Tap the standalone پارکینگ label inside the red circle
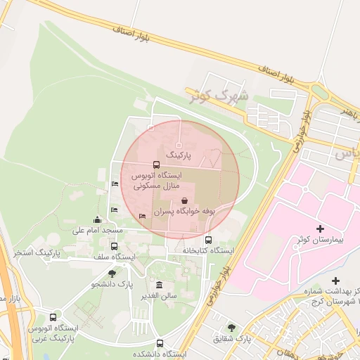click(178, 153)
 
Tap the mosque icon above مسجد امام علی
click(97, 220)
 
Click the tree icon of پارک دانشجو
click(112, 274)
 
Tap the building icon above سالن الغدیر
click(160, 285)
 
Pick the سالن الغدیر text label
click(158, 296)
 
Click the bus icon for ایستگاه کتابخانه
click(207, 240)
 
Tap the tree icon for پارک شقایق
click(232, 327)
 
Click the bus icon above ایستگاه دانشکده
click(160, 344)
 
